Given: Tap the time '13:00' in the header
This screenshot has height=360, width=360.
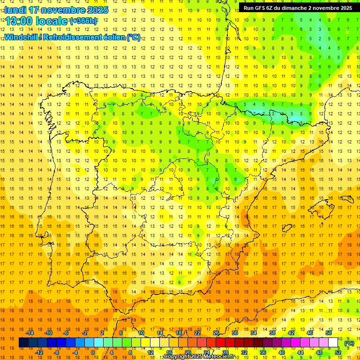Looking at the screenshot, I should point(17,21).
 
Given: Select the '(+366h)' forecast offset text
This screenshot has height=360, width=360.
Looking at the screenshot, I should point(84,21).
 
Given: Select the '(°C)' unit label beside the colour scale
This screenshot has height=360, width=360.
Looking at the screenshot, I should point(349,343).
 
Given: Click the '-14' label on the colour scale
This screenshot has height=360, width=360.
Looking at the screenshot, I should point(30,333).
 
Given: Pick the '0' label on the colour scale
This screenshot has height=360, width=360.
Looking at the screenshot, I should point(92,352).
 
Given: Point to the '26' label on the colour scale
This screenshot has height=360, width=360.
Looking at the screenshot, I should point(216,333).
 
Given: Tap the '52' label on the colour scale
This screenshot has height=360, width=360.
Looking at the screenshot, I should point(338,352).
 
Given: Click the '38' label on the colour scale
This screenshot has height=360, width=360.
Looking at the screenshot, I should point(272,333).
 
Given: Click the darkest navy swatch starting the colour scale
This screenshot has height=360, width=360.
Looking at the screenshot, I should point(23,343).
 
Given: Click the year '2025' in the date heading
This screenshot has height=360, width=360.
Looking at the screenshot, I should point(97,10).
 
